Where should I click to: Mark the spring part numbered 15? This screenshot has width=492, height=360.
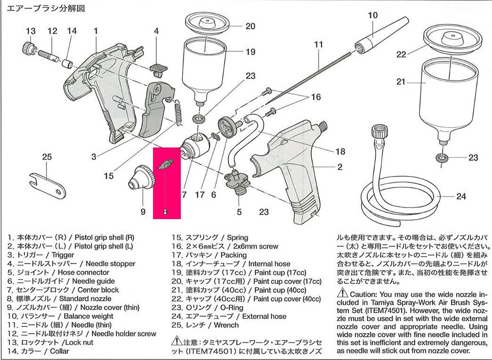pyautogui.click(x=178, y=113)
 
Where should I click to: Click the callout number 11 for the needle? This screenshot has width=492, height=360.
pyautogui.click(x=319, y=45)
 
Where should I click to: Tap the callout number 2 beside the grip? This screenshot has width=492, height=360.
pyautogui.click(x=339, y=167)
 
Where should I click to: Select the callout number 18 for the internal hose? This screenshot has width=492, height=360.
pyautogui.click(x=340, y=152)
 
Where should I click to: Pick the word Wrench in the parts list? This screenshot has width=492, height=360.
pyautogui.click(x=226, y=325)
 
